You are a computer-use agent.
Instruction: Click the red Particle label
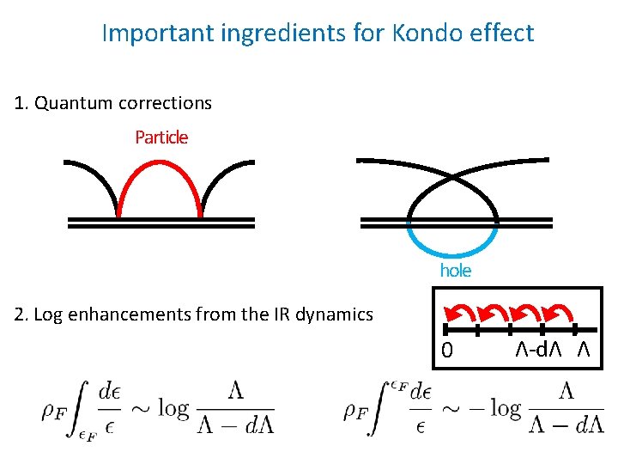tap(161, 137)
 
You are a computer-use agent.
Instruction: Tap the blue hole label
tap(456, 270)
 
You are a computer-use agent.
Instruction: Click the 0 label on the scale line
tap(446, 350)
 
